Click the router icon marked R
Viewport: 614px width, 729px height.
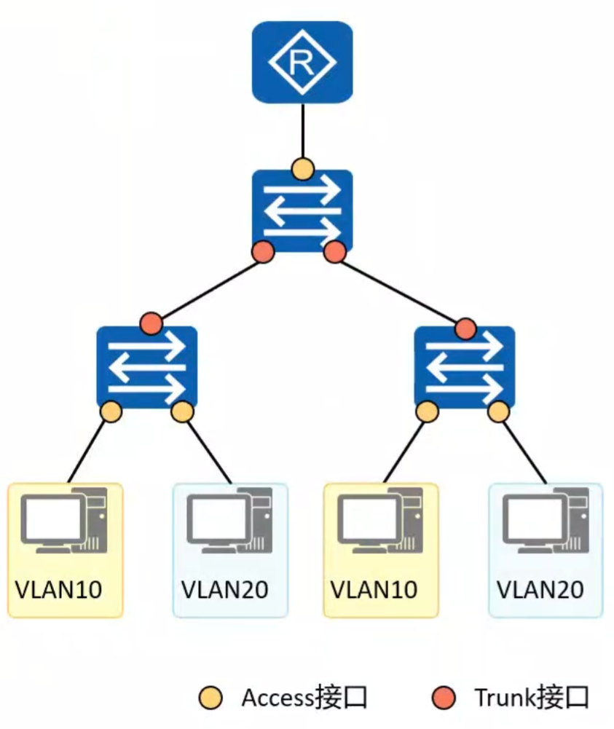click(x=302, y=62)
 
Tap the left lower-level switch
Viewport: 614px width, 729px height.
click(x=146, y=366)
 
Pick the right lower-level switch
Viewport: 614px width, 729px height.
click(x=464, y=366)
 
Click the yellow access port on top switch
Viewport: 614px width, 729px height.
click(x=302, y=169)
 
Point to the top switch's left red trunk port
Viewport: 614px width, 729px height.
click(x=263, y=253)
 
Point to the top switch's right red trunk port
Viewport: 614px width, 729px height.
click(x=334, y=253)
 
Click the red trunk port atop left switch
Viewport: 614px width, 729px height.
click(x=151, y=322)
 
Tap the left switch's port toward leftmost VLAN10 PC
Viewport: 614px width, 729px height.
click(x=111, y=411)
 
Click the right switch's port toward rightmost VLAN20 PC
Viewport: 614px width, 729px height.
click(x=498, y=412)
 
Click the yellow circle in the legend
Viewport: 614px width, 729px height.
click(x=211, y=698)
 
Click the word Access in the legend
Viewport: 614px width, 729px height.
click(x=278, y=698)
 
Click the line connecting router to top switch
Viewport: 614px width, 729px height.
click(x=302, y=131)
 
